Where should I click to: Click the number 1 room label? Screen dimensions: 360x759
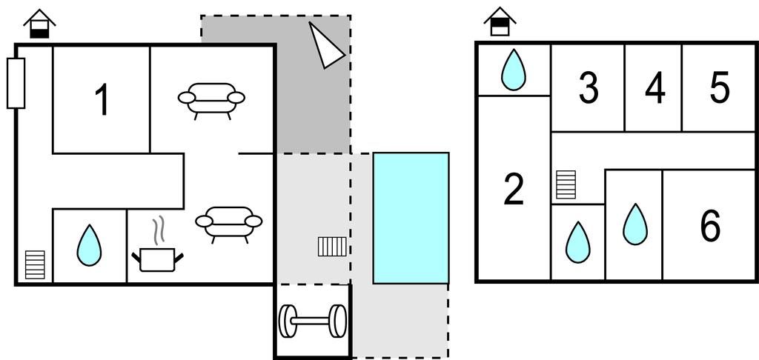pyautogui.click(x=102, y=100)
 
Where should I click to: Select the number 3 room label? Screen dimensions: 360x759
pyautogui.click(x=588, y=88)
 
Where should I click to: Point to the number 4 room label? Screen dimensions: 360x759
pyautogui.click(x=654, y=89)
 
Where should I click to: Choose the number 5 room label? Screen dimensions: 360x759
pyautogui.click(x=719, y=88)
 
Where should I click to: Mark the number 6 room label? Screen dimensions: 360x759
pyautogui.click(x=710, y=226)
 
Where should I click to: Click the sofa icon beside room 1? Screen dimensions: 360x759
pyautogui.click(x=211, y=99)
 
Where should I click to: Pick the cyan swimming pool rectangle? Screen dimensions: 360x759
pyautogui.click(x=411, y=218)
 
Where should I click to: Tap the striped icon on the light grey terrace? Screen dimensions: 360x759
pyautogui.click(x=332, y=247)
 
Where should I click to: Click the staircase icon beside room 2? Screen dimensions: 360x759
pyautogui.click(x=566, y=184)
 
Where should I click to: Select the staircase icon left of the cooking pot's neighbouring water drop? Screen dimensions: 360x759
pyautogui.click(x=35, y=264)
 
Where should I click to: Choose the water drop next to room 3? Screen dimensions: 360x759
pyautogui.click(x=513, y=70)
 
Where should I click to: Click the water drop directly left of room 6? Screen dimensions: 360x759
pyautogui.click(x=634, y=224)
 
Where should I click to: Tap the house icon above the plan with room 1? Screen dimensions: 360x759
pyautogui.click(x=39, y=24)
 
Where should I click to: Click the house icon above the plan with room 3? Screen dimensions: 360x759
pyautogui.click(x=500, y=21)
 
